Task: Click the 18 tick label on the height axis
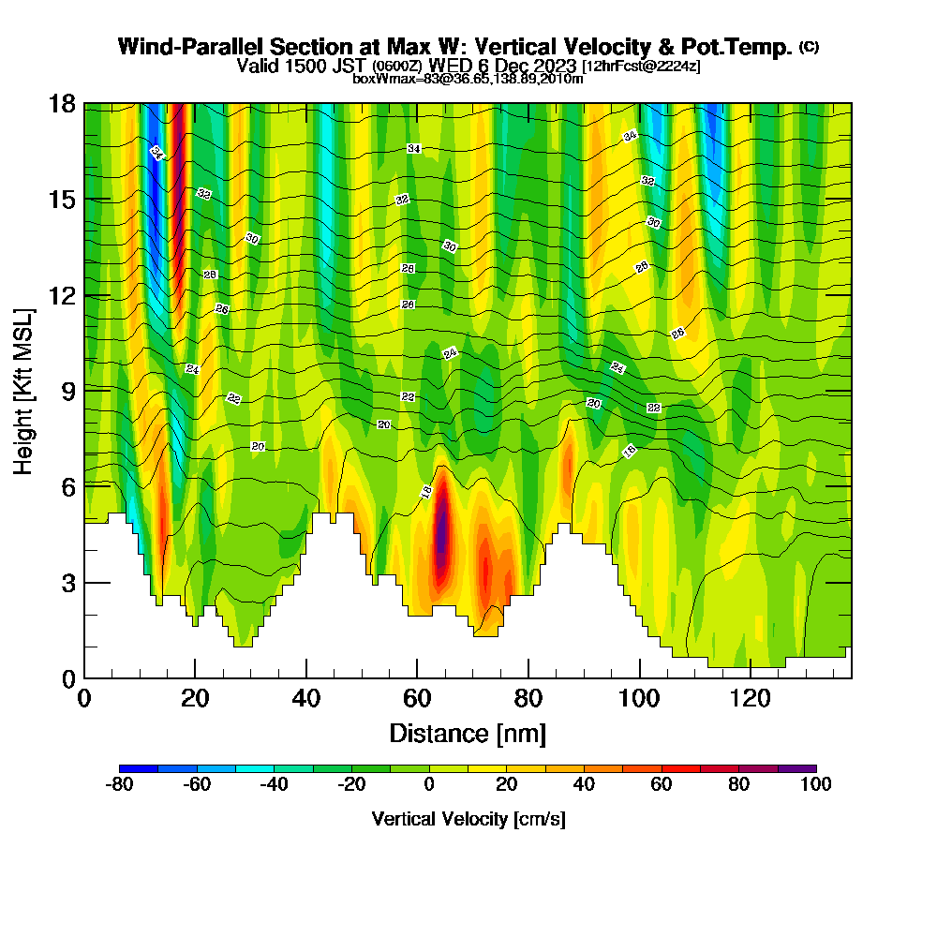(62, 103)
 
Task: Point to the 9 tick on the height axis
(84, 390)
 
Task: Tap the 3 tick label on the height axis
(67, 582)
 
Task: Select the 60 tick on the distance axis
(417, 677)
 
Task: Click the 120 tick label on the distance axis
(751, 698)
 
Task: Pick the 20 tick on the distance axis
(195, 677)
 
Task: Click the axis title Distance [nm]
(468, 733)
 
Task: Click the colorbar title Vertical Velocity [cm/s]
(468, 819)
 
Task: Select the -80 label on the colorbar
(120, 784)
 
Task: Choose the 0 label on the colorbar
(429, 784)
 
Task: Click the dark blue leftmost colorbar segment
(139, 768)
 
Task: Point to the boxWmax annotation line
(468, 79)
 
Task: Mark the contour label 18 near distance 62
(426, 491)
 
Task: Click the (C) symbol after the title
(809, 47)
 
